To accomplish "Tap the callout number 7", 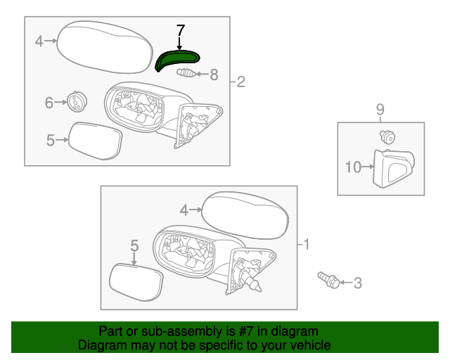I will [x=180, y=31].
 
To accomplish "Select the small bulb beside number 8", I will [x=186, y=73].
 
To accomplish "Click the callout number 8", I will [x=214, y=73].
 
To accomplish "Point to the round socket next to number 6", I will [x=75, y=102].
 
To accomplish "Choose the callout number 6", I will [x=49, y=103].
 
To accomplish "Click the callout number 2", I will [x=240, y=83].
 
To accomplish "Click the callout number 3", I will [x=357, y=283].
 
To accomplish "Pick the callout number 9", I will [x=380, y=109].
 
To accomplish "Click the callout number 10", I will [x=353, y=167].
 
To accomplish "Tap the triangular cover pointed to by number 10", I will [x=393, y=169].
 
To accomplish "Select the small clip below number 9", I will [x=385, y=136].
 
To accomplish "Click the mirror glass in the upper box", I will [x=94, y=141].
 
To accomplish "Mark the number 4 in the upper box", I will [x=39, y=41].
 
